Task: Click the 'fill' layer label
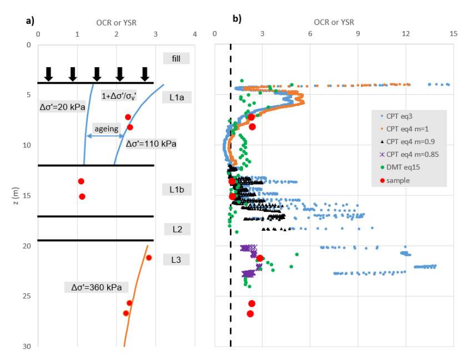pyautogui.click(x=176, y=58)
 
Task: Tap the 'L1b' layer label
pyautogui.click(x=177, y=189)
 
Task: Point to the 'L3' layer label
pyautogui.click(x=176, y=260)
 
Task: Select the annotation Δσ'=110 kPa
pyautogui.click(x=151, y=144)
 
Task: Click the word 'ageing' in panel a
pyautogui.click(x=106, y=129)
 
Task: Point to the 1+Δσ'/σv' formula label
pyautogui.click(x=125, y=96)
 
